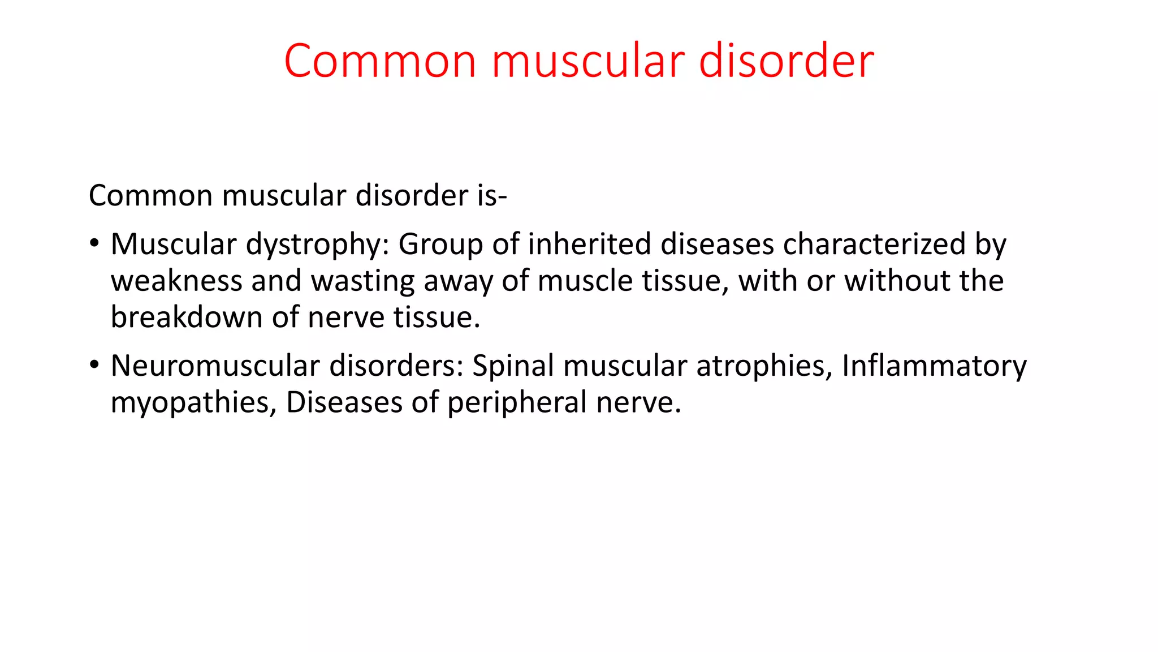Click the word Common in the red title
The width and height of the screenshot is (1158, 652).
click(380, 61)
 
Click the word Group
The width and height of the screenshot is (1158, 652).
click(440, 244)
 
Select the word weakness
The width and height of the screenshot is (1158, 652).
click(176, 281)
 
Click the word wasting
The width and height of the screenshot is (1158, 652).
click(362, 282)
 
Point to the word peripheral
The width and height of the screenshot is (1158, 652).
click(517, 404)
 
